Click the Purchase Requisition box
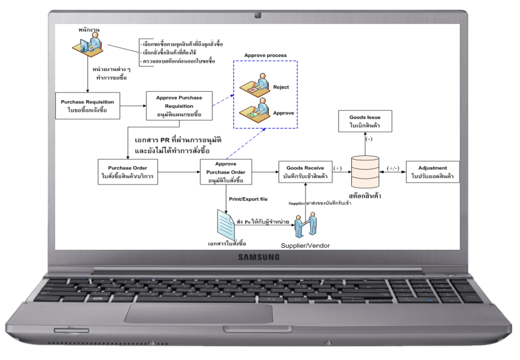[88, 105]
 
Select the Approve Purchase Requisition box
[179, 105]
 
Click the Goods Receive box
[305, 171]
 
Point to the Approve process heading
[265, 56]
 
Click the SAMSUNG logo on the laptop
[259, 257]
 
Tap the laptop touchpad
[198, 315]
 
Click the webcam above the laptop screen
[259, 14]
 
